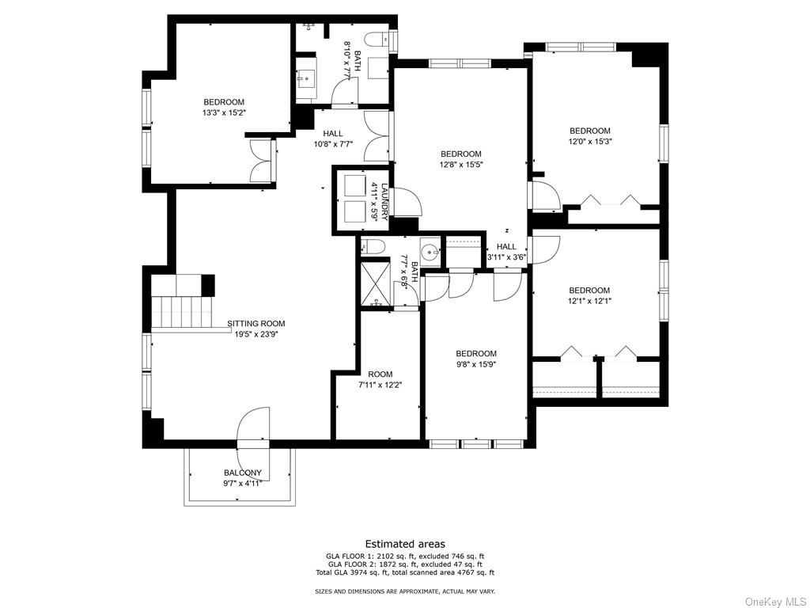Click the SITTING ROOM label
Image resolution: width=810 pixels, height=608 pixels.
pyautogui.click(x=256, y=324)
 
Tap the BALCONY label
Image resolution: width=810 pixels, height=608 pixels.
pyautogui.click(x=243, y=473)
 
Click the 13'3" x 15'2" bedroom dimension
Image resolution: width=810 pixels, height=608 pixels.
pyautogui.click(x=224, y=112)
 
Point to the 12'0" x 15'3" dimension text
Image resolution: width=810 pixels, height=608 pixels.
pyautogui.click(x=590, y=141)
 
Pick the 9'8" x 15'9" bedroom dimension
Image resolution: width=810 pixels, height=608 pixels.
pyautogui.click(x=476, y=364)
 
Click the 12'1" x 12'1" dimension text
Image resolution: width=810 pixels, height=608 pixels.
pyautogui.click(x=589, y=301)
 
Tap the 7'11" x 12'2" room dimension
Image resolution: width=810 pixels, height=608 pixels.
pyautogui.click(x=380, y=385)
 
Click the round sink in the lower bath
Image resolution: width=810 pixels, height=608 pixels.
pyautogui.click(x=430, y=253)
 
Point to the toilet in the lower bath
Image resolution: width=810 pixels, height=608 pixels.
pyautogui.click(x=372, y=247)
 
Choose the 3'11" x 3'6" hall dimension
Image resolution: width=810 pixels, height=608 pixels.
pyautogui.click(x=507, y=256)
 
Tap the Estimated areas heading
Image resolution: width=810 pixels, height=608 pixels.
pyautogui.click(x=405, y=544)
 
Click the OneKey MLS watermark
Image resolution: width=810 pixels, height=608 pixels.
pyautogui.click(x=775, y=602)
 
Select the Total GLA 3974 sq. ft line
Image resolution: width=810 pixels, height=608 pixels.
pyautogui.click(x=405, y=572)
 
